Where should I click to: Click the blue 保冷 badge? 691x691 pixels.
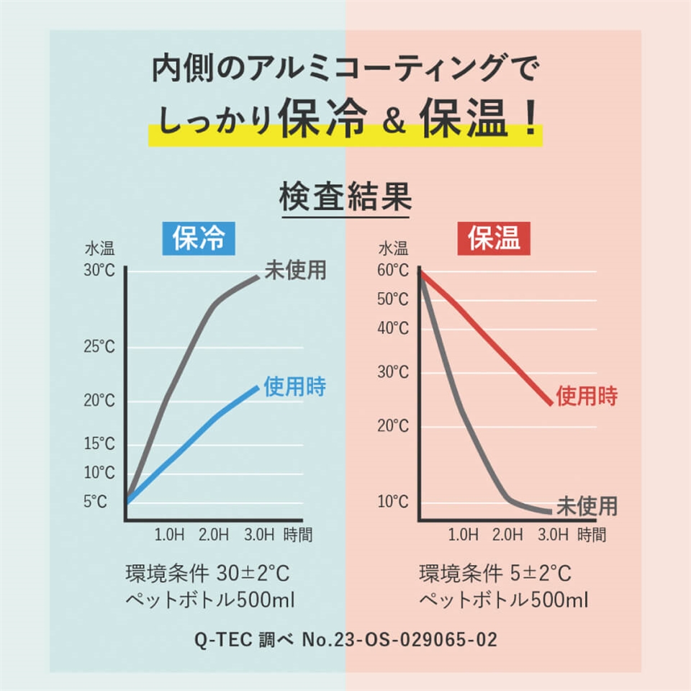pos(199,238)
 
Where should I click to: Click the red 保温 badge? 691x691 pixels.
pos(494,238)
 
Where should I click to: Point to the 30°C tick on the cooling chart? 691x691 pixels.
pos(99,272)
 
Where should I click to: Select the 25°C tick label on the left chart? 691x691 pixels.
pos(99,347)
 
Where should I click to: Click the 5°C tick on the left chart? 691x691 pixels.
pos(95,501)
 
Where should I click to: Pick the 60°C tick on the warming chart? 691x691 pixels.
pos(392,271)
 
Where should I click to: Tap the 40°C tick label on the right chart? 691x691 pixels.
pos(392,328)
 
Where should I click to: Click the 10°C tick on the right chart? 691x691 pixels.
pos(392,501)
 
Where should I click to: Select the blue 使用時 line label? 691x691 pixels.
pos(294,387)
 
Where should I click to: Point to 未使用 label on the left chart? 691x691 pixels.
pos(295,270)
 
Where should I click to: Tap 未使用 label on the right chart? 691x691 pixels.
pos(587,505)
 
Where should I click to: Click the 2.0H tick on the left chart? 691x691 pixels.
pos(213,535)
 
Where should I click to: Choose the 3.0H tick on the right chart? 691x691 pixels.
pos(553,535)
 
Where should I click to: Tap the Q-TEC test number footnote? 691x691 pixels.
pos(345,638)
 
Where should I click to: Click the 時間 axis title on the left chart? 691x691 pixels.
pos(298,535)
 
